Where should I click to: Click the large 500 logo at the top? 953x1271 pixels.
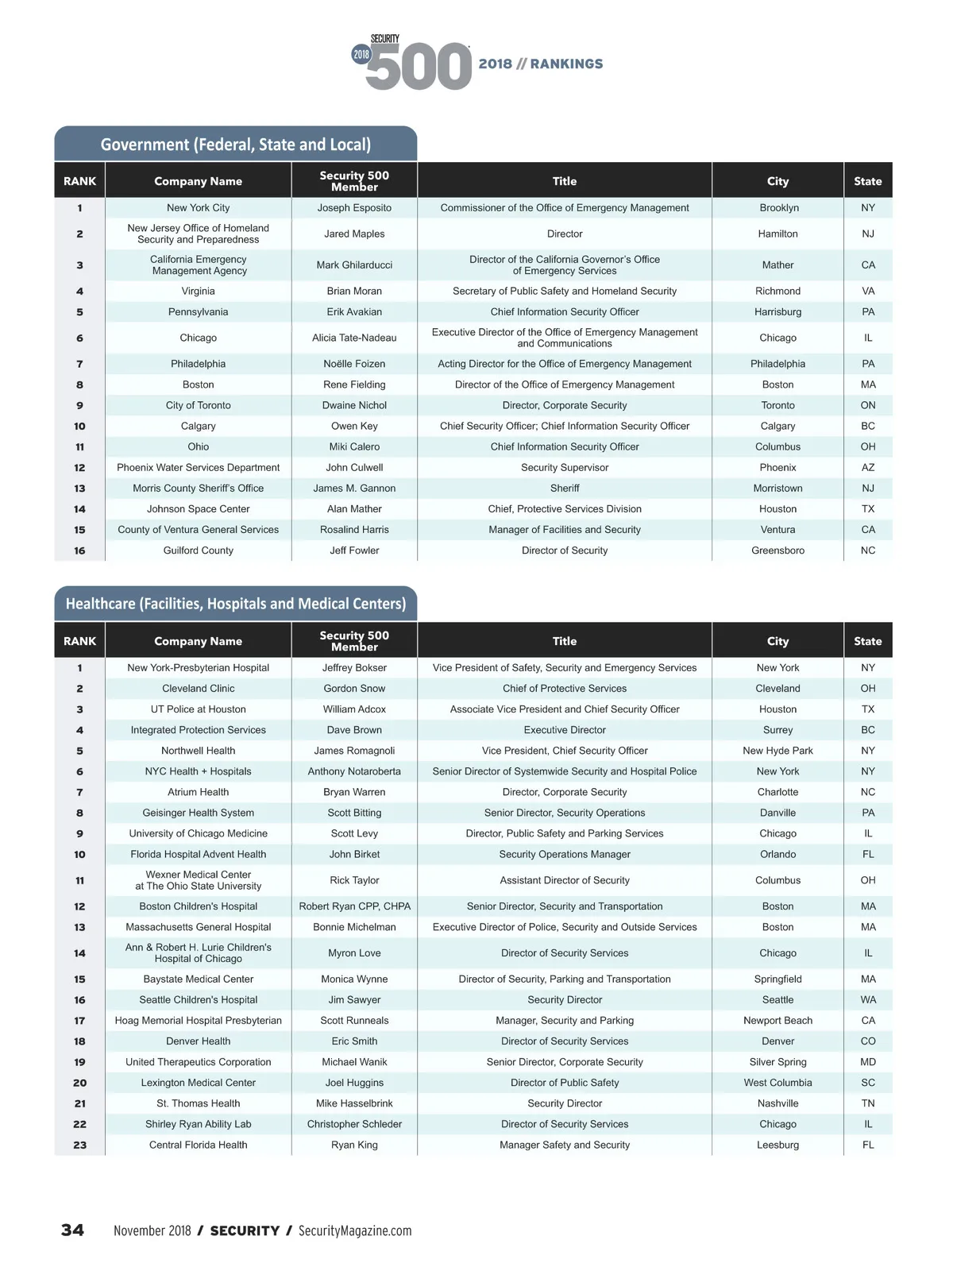[419, 67]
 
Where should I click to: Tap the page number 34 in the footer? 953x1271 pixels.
[72, 1230]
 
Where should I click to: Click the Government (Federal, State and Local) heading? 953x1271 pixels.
[236, 145]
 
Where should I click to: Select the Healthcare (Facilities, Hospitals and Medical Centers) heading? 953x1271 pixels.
[236, 604]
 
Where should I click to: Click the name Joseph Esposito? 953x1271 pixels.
[354, 208]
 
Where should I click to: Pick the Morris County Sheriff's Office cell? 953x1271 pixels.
[198, 489]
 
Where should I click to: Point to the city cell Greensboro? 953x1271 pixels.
[777, 551]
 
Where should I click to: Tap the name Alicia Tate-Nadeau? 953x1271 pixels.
[354, 338]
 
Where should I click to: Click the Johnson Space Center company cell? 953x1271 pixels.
[198, 509]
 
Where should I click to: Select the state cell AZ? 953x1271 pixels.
[867, 468]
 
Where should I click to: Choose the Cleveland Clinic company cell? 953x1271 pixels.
[198, 689]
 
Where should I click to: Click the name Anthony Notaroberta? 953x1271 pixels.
[354, 771]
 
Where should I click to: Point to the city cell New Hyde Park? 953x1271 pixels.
[777, 751]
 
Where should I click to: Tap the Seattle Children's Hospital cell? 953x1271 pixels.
[198, 1000]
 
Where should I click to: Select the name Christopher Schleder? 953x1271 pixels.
[354, 1124]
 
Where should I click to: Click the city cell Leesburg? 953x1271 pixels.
[777, 1145]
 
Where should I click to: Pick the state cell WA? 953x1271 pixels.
[867, 1000]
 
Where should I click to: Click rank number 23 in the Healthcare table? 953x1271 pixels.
[79, 1145]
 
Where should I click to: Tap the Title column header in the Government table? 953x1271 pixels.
[564, 181]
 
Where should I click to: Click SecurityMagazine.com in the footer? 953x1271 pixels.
[355, 1230]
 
